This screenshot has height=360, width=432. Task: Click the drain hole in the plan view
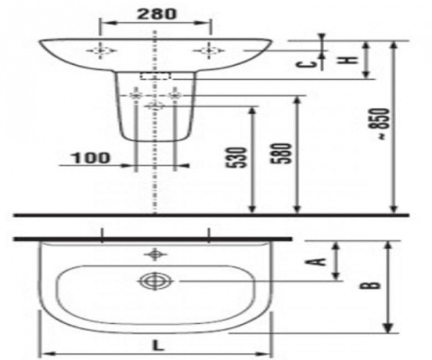coord(153,281)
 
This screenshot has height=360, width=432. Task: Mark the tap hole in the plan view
coord(153,253)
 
